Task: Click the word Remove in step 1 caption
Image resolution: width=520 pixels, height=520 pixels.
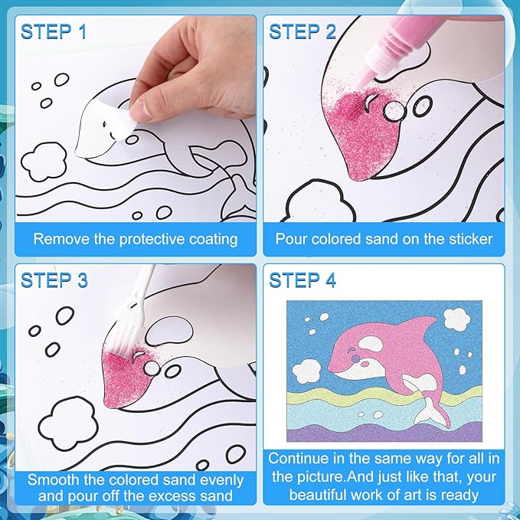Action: (60, 239)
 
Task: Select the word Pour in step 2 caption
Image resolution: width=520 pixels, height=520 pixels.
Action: (292, 239)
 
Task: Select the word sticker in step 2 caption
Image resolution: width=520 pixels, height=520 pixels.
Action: (469, 239)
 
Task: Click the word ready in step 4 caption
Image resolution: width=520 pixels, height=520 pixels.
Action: (459, 495)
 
